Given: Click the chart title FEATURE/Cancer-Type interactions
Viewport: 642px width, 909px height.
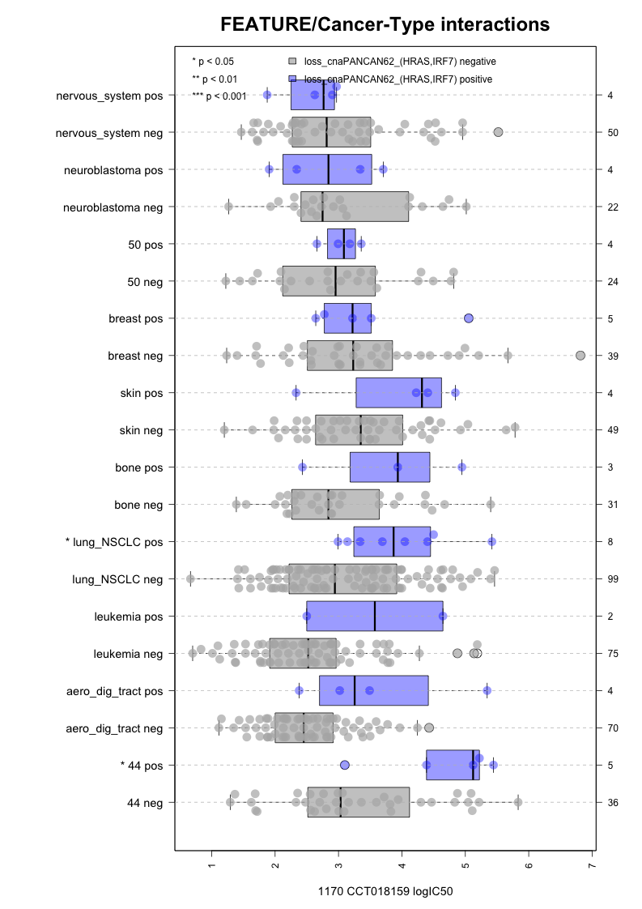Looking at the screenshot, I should point(385,25).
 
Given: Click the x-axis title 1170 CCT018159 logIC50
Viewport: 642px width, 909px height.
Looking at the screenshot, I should point(385,891).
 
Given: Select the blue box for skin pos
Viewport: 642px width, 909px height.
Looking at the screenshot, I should point(398,393).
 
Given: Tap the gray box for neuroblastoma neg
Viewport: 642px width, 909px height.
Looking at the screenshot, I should point(355,207).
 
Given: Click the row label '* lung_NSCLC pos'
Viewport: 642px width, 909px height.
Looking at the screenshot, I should point(117,542).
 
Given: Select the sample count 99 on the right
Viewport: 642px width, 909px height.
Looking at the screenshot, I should point(613,579).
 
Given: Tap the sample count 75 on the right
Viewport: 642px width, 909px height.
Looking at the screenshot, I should point(613,654).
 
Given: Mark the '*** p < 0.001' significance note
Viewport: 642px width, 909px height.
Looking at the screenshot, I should point(219,96).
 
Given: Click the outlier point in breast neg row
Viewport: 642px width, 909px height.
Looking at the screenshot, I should point(580,355).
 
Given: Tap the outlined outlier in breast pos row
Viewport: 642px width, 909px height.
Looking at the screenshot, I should point(469,318).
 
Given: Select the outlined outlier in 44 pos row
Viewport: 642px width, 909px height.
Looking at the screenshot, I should point(345,765).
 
